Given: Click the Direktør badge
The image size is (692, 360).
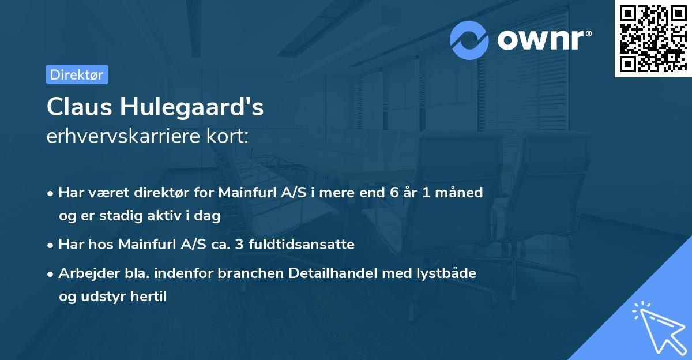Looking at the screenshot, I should tap(77, 74).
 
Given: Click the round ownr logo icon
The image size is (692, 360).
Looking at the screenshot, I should tap(469, 40).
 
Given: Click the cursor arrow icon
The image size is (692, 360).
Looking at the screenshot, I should tap(659, 329).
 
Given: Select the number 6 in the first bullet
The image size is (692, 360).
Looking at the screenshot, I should tap(394, 193).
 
